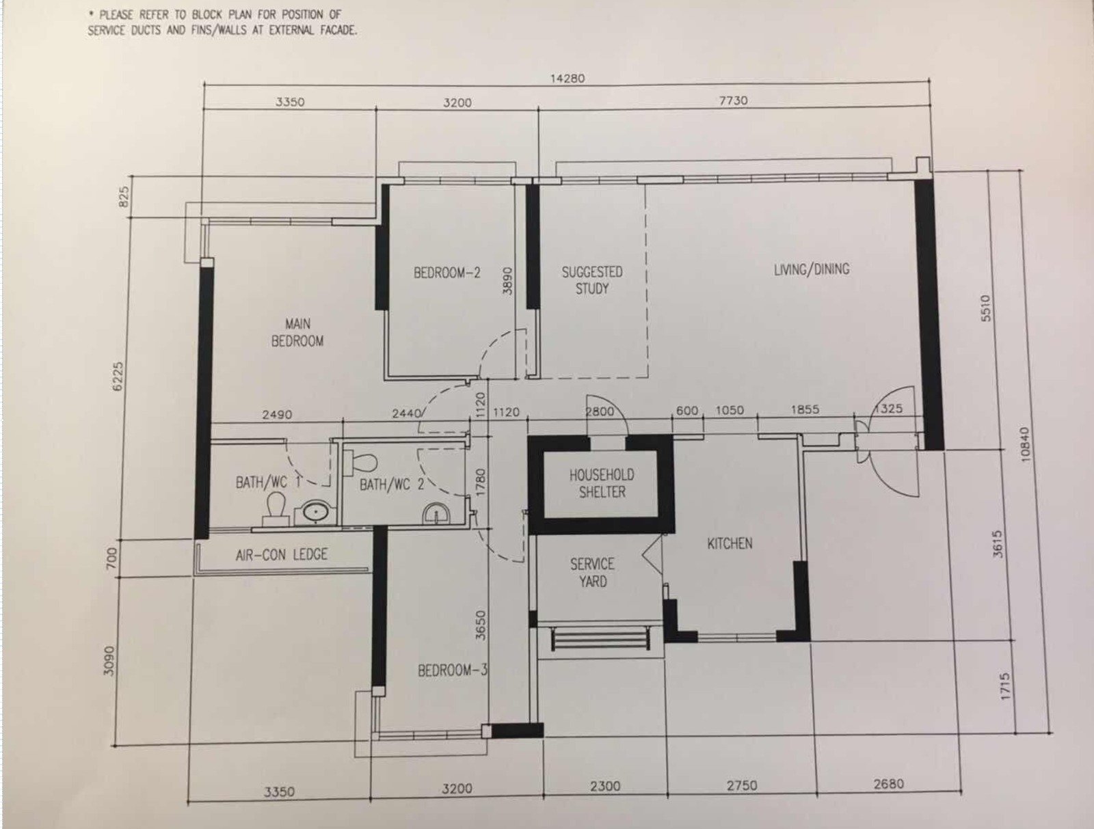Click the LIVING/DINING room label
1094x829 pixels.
pos(812,269)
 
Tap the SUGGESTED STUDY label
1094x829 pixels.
pos(592,280)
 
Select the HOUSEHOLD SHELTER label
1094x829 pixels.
pos(602,483)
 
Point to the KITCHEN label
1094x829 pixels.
pos(730,543)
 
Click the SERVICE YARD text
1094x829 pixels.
pos(592,573)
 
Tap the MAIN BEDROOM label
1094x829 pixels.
pos(297,333)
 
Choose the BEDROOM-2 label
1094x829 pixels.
pos(446,273)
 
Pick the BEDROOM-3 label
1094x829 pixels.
pos(452,670)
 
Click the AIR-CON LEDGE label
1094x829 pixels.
pos(282,554)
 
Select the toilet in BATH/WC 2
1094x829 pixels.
pos(360,462)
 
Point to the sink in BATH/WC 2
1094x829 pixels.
pos(436,514)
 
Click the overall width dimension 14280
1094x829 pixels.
pos(568,79)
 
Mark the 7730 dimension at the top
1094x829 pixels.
pos(733,100)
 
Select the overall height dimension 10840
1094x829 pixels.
pos(1025,444)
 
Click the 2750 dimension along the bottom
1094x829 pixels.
pos(742,786)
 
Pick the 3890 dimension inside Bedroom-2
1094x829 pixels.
pos(507,281)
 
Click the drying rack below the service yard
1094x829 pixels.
pos(600,639)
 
